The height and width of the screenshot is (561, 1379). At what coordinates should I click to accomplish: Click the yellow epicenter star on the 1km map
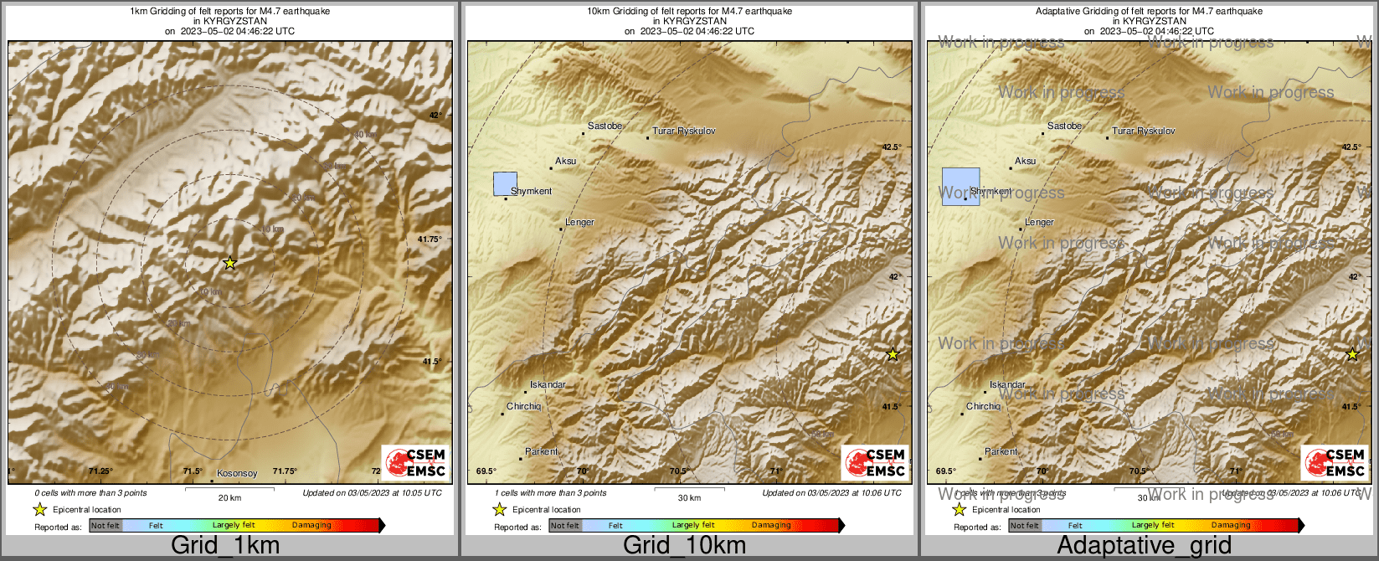coord(230,263)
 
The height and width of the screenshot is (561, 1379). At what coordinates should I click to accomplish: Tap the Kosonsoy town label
coord(237,473)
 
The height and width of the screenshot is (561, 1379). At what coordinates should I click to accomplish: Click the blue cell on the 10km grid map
coord(505,183)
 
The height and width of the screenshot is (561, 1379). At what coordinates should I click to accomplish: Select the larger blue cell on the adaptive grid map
coord(960,187)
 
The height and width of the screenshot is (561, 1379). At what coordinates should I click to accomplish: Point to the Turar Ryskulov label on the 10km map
coord(684,131)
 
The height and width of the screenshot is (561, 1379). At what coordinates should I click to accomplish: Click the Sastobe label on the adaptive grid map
coord(1064,126)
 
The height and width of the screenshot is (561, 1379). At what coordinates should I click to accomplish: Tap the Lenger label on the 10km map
coord(579,223)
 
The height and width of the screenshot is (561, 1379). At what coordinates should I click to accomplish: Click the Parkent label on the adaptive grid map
coord(1001,451)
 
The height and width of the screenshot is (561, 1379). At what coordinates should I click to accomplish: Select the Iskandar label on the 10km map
coord(548,385)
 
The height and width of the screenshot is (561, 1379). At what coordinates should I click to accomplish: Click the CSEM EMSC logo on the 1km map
coord(414,462)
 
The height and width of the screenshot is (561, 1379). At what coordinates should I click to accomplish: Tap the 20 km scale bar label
coord(229,497)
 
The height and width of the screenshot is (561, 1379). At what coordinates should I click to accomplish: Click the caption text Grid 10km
coord(684,546)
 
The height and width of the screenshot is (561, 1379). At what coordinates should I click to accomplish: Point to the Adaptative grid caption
coord(1144,546)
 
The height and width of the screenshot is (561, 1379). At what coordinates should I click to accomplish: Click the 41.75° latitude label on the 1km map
coord(430,239)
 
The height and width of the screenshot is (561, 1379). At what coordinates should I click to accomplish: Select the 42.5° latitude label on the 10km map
coord(892,147)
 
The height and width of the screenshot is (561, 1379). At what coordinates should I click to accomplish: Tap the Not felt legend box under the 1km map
coord(105,526)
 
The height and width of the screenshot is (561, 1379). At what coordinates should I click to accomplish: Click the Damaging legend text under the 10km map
coord(770,526)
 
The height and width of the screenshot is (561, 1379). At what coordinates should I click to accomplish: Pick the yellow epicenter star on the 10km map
coord(893,354)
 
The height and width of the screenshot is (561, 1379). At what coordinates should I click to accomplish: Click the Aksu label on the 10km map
coord(566,161)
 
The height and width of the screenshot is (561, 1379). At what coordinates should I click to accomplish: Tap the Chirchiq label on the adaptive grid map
coord(983,406)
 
